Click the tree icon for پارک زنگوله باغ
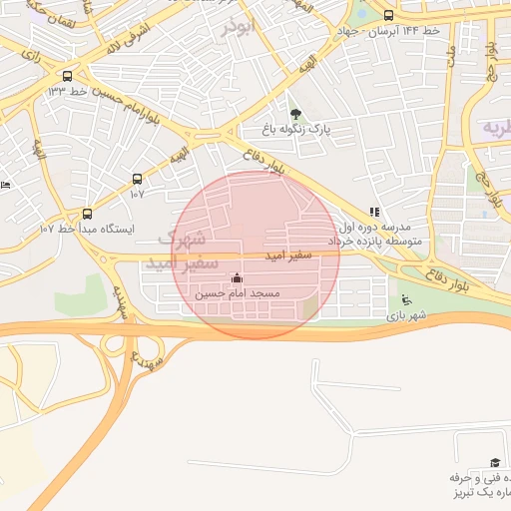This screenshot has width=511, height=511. click(294, 113)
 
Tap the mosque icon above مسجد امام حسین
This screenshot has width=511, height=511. click(237, 278)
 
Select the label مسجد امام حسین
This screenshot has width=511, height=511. click(238, 294)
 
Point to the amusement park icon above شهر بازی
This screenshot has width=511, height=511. click(404, 299)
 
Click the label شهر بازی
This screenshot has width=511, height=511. click(406, 315)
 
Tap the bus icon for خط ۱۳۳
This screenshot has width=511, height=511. click(67, 76)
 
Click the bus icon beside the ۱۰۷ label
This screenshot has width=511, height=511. click(137, 179)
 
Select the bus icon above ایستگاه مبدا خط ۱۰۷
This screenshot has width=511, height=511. click(87, 214)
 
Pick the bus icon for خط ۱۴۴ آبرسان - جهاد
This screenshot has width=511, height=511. click(388, 15)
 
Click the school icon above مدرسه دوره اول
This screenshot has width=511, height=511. click(374, 212)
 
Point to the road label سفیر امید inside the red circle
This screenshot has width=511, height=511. click(289, 256)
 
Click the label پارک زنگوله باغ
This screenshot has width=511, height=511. click(295, 130)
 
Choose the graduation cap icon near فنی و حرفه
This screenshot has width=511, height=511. click(493, 463)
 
